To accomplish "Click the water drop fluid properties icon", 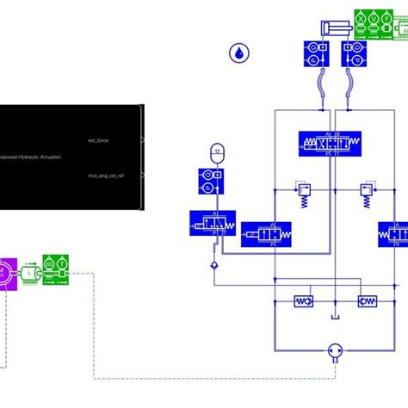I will [237, 53].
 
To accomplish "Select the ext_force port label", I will [98, 139].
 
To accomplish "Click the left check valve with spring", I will [304, 301].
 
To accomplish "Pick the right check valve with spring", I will [368, 301].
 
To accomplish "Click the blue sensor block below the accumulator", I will [210, 182].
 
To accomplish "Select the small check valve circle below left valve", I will [214, 267].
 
